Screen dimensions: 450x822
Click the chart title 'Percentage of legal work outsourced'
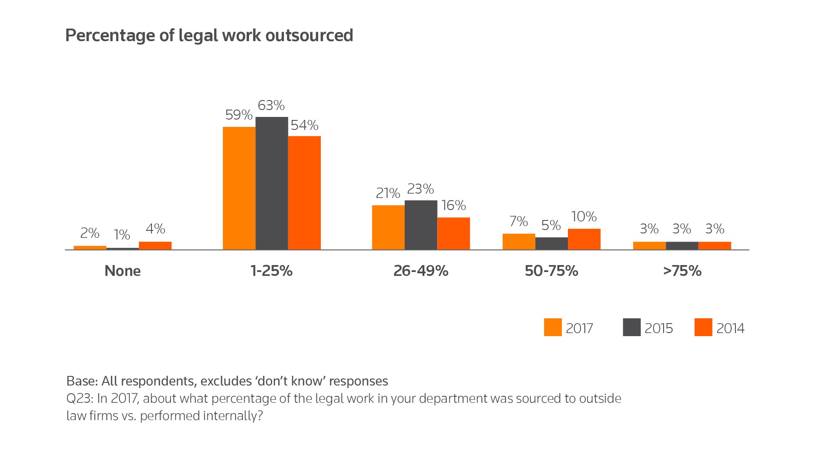point(209,35)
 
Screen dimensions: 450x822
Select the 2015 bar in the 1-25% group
point(271,183)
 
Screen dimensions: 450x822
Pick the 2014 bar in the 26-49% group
point(453,233)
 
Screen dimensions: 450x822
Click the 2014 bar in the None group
point(155,246)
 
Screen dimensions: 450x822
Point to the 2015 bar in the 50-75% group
point(551,243)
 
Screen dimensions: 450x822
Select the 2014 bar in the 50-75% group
point(584,239)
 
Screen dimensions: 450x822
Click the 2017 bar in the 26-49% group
point(388,227)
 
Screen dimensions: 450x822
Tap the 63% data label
point(271,105)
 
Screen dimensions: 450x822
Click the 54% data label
point(304,125)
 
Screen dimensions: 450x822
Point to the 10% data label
point(584,217)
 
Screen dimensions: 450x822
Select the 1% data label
point(122,235)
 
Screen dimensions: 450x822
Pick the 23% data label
point(420,189)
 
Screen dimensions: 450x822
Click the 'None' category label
point(122,271)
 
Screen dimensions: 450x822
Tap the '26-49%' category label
point(421,271)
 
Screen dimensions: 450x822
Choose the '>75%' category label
point(682,271)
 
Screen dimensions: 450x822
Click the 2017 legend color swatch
point(552,327)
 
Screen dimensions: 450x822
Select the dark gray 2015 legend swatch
point(632,327)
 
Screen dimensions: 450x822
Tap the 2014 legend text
point(730,328)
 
